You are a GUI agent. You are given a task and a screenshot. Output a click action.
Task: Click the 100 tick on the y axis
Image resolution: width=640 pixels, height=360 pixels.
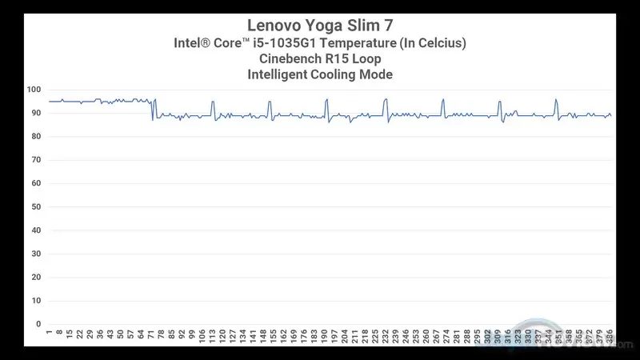(36, 90)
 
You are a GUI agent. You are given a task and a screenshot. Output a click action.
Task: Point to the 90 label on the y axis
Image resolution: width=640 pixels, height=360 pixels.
(36, 113)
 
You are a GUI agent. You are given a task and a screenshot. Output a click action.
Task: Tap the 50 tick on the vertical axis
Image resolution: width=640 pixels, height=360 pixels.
(36, 207)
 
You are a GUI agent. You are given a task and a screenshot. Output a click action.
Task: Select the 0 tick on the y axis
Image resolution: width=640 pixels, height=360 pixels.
(38, 325)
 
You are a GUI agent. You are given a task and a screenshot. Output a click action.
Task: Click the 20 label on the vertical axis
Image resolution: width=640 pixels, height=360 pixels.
(36, 278)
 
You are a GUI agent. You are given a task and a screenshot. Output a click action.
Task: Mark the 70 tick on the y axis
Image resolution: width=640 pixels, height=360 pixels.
(36, 160)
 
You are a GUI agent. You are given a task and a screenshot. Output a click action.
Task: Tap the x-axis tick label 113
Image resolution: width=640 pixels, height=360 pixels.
(213, 337)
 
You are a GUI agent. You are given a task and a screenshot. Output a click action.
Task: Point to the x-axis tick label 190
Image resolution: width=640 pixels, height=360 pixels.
(326, 337)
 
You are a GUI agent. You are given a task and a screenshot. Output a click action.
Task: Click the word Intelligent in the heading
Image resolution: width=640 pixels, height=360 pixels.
(280, 74)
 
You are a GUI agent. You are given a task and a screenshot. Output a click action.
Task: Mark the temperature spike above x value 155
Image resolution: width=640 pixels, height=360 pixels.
(270, 102)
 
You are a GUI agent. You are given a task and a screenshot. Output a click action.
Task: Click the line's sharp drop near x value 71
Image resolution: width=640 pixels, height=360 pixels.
(152, 112)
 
